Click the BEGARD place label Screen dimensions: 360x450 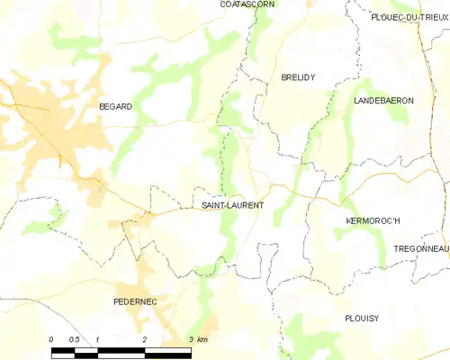tap(115, 106)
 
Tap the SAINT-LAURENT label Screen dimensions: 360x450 tap(233, 205)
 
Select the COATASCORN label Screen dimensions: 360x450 tap(247, 4)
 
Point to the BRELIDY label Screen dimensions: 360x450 tap(297, 78)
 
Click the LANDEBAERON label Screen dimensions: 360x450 tap(383, 101)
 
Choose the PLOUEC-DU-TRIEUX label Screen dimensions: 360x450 tap(409, 17)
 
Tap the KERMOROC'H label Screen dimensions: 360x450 tap(373, 220)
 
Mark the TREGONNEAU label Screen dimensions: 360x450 tap(421, 248)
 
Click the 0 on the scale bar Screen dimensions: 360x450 tap(51, 339)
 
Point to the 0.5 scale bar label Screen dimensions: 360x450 tap(74, 339)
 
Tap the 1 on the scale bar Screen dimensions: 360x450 tap(97, 339)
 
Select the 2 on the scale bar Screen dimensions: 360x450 tap(144, 339)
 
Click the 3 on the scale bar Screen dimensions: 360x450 tap(190, 339)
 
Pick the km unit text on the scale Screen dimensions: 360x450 tap(202, 339)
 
